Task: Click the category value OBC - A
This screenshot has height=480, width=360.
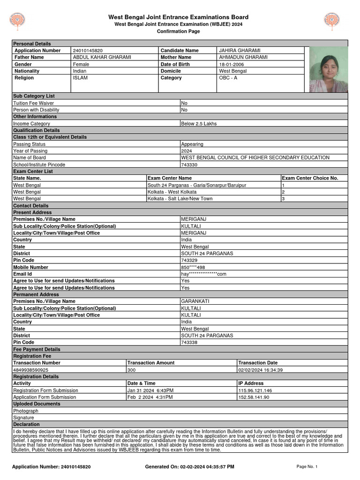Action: coord(228,78)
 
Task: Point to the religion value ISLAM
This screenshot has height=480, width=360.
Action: coord(80,78)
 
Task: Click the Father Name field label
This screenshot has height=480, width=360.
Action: coord(29,57)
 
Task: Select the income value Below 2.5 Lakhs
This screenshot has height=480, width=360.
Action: coord(199,124)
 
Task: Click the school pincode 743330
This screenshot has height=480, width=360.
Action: coord(189,165)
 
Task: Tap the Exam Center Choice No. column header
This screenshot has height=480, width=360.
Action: coord(310,178)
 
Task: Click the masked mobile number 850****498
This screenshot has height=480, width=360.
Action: coord(193,267)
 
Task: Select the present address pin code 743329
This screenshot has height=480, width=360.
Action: coord(189,260)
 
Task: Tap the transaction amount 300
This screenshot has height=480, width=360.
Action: coord(131,370)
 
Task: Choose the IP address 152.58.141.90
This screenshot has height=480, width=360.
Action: coord(254,397)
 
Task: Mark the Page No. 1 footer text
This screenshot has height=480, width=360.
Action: coord(307,467)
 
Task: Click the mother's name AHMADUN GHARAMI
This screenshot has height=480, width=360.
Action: coord(243,57)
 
